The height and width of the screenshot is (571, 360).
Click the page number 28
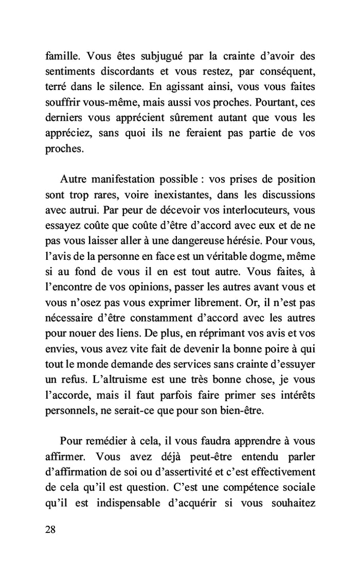(x=50, y=530)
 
